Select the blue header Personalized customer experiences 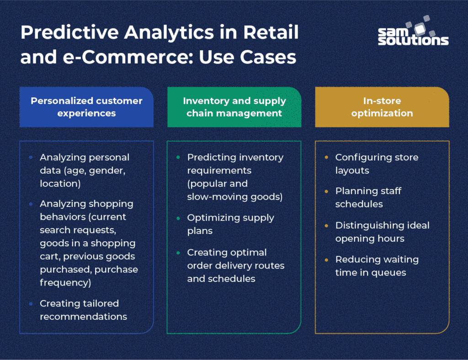pos(86,107)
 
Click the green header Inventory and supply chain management pos(234,107)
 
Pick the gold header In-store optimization pos(382,107)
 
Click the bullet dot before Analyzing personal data pos(31,158)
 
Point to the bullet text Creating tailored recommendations pos(84,310)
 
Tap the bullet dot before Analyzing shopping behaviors pos(31,204)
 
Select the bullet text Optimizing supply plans pos(230,224)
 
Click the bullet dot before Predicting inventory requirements pos(178,158)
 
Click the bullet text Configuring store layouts pos(376,164)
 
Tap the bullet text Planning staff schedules pos(368,197)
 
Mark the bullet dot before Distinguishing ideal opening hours pos(326,226)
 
